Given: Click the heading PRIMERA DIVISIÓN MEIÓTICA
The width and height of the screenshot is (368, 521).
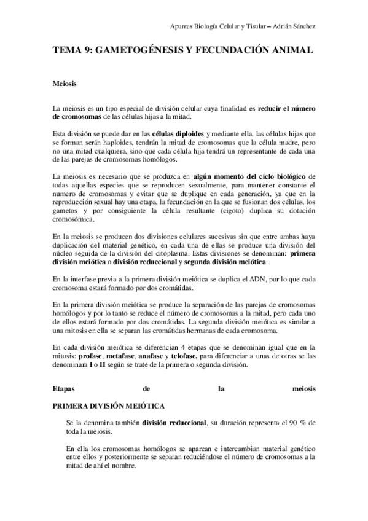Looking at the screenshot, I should point(108,407).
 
